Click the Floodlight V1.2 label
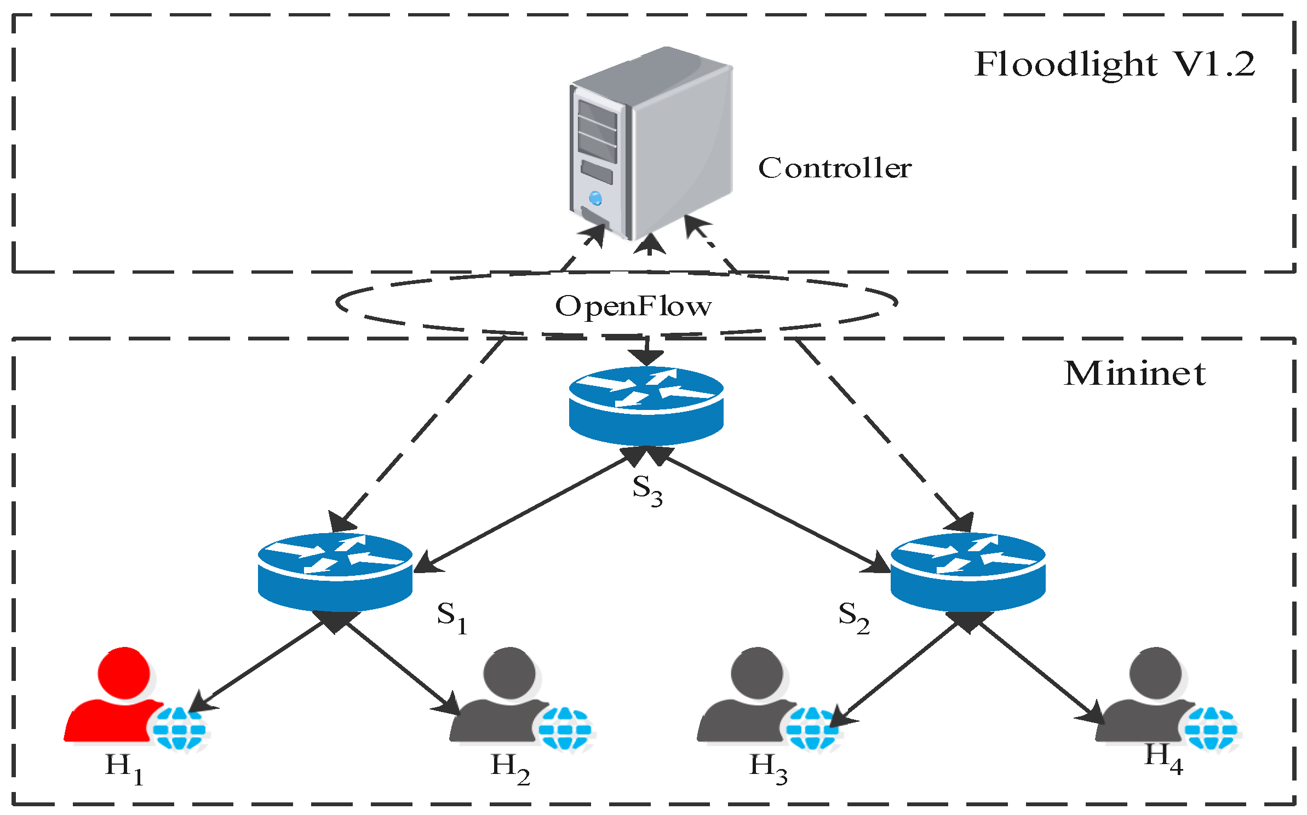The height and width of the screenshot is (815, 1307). click(1114, 65)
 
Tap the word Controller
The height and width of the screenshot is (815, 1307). click(835, 167)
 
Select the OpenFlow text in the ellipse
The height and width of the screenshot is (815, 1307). click(633, 307)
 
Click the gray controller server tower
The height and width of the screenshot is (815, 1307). click(651, 143)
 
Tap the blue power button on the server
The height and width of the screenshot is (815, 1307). click(595, 198)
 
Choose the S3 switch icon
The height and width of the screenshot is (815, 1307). click(646, 406)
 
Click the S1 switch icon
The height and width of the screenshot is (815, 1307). click(335, 572)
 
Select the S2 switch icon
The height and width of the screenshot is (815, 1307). click(968, 572)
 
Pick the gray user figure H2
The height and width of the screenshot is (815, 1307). click(504, 695)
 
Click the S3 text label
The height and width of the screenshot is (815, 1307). click(647, 490)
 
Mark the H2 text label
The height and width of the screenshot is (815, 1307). click(510, 768)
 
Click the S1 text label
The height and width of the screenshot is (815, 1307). click(452, 617)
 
